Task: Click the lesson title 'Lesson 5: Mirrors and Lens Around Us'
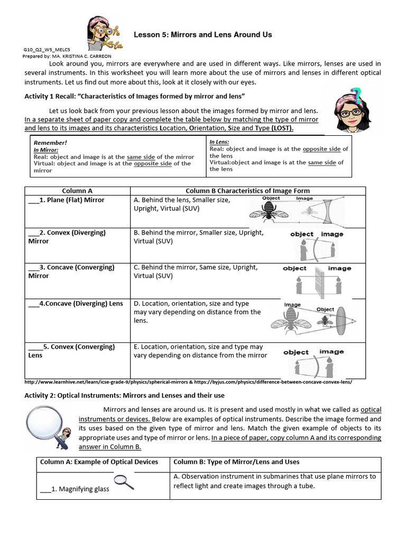[x=202, y=35]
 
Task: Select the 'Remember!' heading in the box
[x=50, y=143]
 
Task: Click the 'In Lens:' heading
[x=219, y=142]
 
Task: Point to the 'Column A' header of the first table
[x=77, y=191]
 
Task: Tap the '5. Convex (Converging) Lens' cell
[x=71, y=351]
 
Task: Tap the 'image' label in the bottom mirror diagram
[x=331, y=352]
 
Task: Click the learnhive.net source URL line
[x=188, y=382]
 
